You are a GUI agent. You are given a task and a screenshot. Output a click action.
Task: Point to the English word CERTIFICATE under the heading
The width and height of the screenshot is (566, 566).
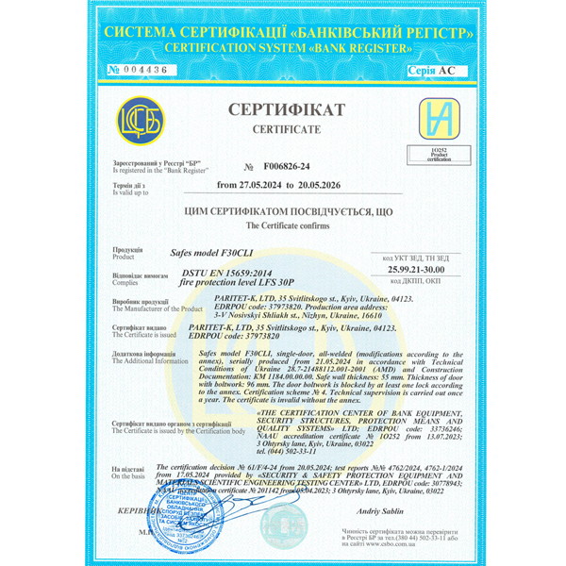(283, 127)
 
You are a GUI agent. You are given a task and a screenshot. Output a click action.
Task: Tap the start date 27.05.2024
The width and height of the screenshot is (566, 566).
(248, 185)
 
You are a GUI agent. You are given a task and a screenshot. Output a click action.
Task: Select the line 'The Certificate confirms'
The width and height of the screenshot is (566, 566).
(283, 227)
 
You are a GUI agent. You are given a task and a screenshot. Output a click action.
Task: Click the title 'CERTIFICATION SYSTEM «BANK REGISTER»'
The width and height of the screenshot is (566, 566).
(282, 46)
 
